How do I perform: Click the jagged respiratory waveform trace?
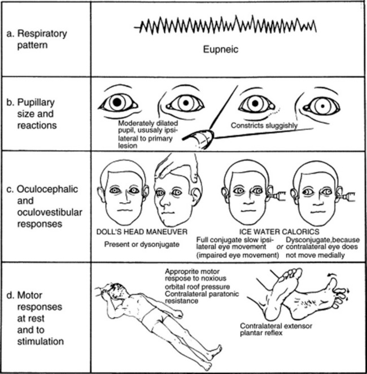(x=225, y=25)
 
